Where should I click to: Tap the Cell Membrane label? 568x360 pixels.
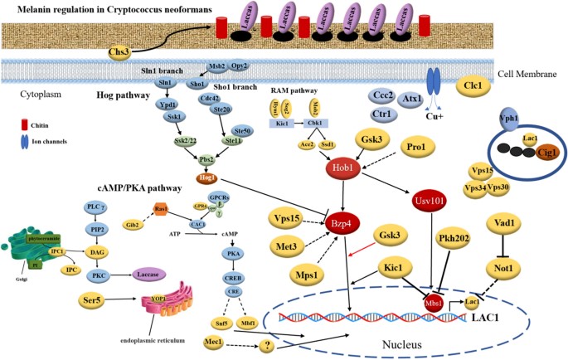click(518, 72)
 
